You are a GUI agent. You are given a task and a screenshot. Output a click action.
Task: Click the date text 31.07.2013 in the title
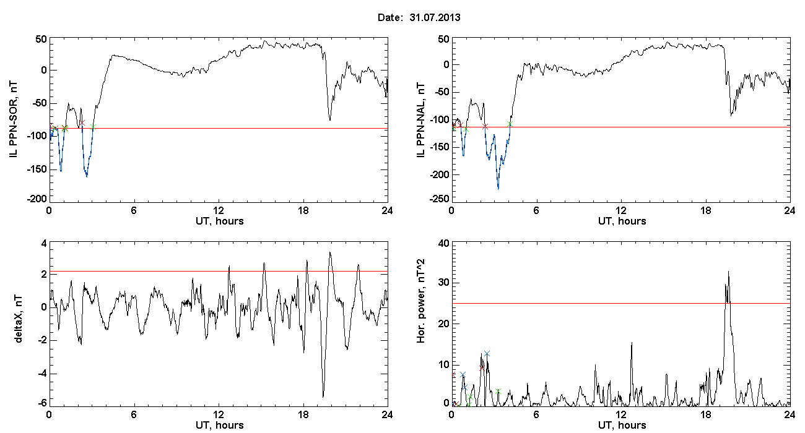coord(435,17)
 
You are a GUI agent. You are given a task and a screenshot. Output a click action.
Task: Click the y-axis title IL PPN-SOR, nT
coord(13,120)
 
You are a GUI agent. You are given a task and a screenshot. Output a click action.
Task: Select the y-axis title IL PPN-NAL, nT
coord(420,120)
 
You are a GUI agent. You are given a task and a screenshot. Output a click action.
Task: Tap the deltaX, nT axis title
coord(18,319)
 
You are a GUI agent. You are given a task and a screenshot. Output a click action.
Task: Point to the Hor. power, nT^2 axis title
coord(420,301)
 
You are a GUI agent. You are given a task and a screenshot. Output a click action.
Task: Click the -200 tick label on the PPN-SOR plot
coord(37,199)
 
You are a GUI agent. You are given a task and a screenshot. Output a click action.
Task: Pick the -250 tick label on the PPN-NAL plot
coord(439,199)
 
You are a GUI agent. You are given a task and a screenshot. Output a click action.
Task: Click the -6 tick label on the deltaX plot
coord(42,403)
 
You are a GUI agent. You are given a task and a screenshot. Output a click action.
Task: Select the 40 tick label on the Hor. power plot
coord(444,244)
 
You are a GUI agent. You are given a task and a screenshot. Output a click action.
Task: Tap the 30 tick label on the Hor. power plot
coord(444,283)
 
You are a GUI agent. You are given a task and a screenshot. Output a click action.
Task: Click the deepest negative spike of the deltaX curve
coord(323,397)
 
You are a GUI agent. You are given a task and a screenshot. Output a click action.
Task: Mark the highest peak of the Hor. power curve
coord(728,272)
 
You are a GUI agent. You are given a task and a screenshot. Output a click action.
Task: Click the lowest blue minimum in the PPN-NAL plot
coord(498,189)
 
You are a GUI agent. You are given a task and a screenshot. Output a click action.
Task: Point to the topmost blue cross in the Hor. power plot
coord(487,354)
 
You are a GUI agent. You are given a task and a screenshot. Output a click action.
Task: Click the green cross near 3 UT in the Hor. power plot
coord(498,392)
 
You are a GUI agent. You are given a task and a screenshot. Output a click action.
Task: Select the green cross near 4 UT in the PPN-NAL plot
coord(510,124)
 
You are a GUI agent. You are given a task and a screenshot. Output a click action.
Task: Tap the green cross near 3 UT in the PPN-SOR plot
coord(94,127)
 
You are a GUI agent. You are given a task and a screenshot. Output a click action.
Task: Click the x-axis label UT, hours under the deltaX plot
coord(220,426)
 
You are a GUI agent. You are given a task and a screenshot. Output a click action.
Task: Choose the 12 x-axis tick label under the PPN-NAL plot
coord(620,211)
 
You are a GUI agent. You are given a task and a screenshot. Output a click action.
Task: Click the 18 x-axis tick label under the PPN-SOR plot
coord(303,211)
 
